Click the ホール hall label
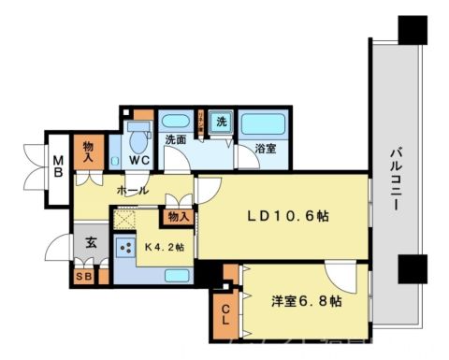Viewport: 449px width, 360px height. pos(131,190)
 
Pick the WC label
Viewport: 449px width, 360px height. pos(139,160)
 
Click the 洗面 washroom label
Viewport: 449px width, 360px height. pos(175,140)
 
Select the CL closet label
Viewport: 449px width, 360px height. pos(226,315)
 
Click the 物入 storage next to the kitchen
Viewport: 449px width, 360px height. pos(179,218)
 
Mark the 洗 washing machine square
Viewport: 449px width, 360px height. pos(222,122)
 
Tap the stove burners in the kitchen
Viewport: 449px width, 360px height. pos(123,247)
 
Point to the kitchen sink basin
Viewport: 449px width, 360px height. pos(177,275)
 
